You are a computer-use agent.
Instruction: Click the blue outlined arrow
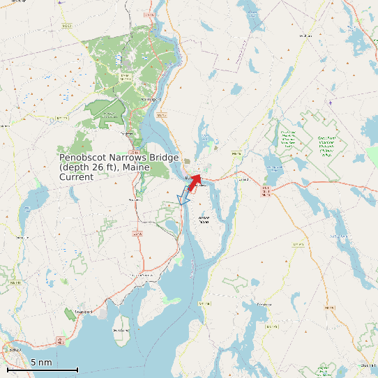[185, 195]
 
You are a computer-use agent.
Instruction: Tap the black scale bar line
[43, 370]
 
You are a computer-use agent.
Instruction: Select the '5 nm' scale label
[41, 363]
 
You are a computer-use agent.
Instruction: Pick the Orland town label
[243, 179]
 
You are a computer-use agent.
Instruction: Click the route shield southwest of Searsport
[61, 341]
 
